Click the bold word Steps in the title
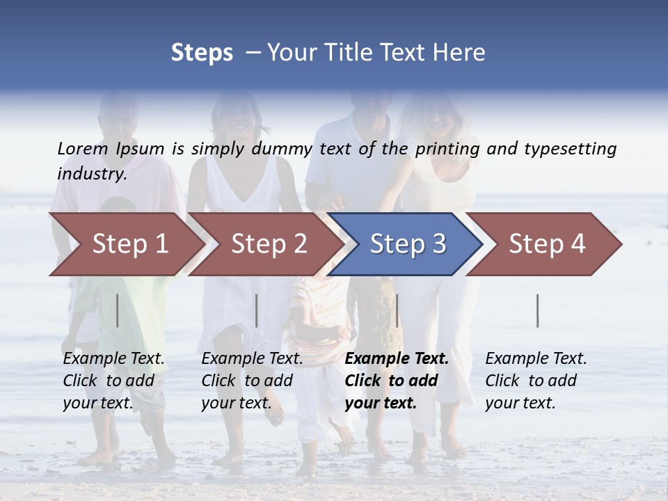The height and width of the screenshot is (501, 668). coord(202,53)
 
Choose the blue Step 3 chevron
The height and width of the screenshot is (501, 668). coord(408,244)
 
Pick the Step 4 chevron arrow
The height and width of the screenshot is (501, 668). coord(547,244)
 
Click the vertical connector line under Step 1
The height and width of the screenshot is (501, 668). coord(118,310)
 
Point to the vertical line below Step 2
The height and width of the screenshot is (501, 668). coord(257,310)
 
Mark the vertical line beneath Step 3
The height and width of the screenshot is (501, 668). coord(397,310)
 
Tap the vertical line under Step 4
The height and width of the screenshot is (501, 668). coord(537,310)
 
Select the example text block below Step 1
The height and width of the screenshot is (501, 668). coord(113,381)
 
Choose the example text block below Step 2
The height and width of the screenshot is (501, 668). coord(252,381)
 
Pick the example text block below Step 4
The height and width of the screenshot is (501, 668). coord(536,381)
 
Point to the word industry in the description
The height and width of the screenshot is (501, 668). coord(91,173)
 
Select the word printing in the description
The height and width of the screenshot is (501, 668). coord(448,148)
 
